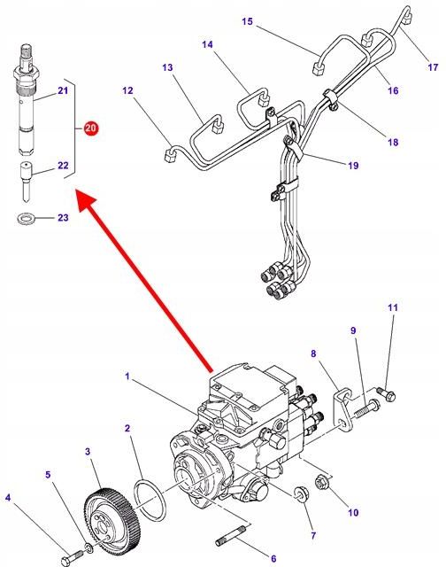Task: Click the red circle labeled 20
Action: [91, 128]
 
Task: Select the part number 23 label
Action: [63, 217]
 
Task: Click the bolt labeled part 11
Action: [389, 393]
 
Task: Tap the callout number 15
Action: [246, 20]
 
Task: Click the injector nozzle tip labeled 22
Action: [28, 182]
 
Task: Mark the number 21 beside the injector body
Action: [63, 90]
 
